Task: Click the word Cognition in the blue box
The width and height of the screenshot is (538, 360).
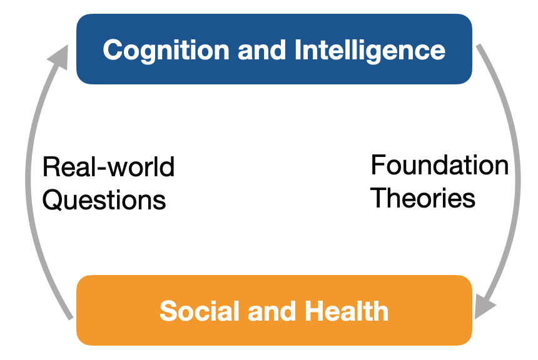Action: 166,51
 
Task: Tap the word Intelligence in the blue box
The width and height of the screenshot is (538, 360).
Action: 370,51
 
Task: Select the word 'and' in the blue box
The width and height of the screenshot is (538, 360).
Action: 261,50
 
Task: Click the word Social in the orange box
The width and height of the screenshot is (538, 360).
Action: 200,311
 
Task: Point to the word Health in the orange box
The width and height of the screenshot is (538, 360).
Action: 347,311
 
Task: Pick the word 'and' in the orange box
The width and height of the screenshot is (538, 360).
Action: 272,311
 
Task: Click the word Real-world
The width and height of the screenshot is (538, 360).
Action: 108,167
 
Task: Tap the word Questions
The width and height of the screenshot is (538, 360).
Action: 104,200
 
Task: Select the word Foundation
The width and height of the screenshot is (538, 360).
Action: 440,165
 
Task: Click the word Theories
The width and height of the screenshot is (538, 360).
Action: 423,198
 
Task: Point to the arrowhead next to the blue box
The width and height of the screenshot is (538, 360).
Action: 59,57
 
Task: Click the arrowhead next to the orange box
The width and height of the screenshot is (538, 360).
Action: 484,306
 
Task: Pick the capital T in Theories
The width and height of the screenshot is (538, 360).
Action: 379,198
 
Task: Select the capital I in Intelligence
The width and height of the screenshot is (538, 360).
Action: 298,50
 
